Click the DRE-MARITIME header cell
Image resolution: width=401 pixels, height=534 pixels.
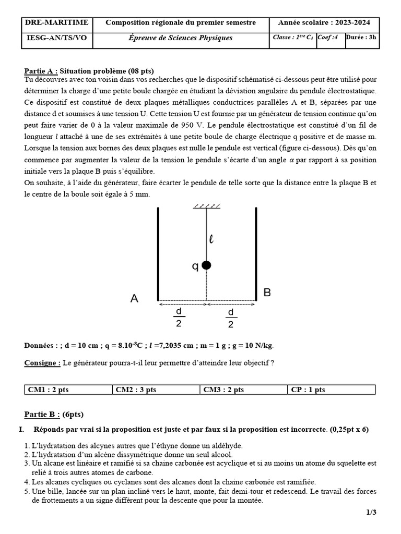(56, 22)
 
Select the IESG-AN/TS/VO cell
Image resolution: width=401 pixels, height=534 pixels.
(56, 38)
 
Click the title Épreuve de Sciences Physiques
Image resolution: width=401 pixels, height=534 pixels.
(181, 38)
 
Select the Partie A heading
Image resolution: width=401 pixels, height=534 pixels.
(41, 71)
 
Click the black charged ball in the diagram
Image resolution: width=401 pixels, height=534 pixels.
(206, 265)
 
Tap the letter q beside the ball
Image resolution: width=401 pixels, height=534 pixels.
(195, 266)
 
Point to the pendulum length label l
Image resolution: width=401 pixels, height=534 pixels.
(211, 239)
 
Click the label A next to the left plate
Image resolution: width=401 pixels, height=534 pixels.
(135, 299)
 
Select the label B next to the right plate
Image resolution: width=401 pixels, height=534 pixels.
(267, 293)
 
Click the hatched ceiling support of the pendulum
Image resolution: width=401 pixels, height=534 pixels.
(206, 206)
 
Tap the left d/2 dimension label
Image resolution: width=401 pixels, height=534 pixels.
(179, 318)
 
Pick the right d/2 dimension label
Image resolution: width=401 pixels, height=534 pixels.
(231, 318)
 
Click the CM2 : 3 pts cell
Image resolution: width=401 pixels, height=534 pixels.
(156, 390)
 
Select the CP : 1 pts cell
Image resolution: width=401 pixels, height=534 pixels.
(332, 390)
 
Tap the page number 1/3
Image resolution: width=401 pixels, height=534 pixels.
(371, 513)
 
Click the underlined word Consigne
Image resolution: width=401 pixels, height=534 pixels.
(42, 363)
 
